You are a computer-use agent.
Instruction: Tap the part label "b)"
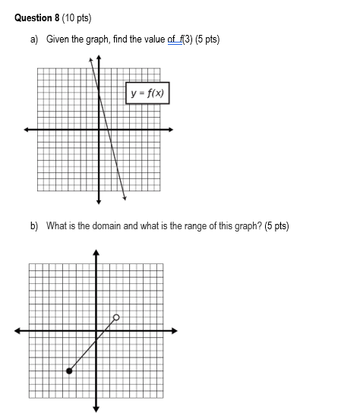(35, 225)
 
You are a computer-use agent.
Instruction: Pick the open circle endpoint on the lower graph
(116, 317)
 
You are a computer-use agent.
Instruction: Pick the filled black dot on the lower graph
(69, 370)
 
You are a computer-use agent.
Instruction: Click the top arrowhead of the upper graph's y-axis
(99, 58)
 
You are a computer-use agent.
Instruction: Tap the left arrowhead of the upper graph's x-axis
(26, 130)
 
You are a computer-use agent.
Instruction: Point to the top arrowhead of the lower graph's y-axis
(96, 250)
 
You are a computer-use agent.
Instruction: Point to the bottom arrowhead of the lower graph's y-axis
(96, 409)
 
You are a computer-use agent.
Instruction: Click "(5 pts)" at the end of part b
(276, 225)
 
